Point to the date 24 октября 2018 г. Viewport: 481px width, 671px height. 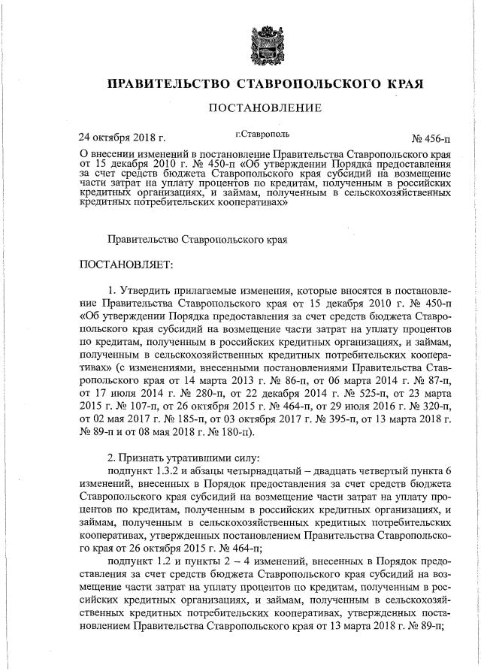pyautogui.click(x=123, y=138)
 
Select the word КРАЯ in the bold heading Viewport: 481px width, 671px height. pyautogui.click(x=397, y=81)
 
